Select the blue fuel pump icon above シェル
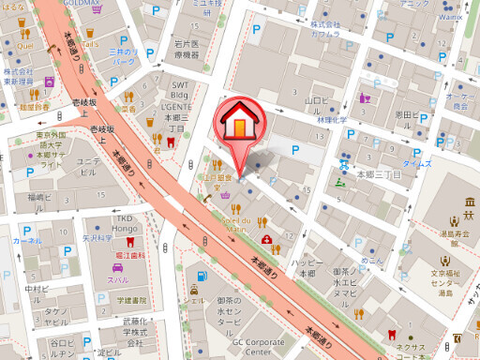point(202,276)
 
